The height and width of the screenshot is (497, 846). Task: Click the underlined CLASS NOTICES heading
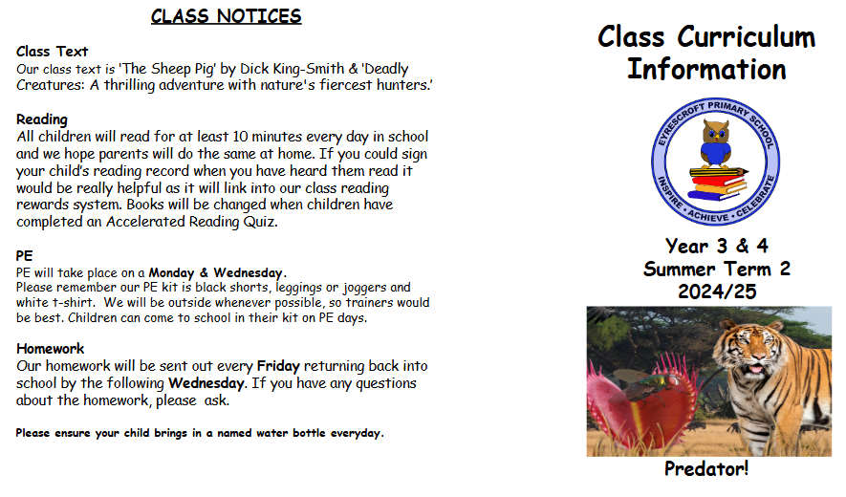point(226,16)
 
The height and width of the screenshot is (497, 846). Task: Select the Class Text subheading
point(52,52)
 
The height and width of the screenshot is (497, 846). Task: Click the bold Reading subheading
point(42,119)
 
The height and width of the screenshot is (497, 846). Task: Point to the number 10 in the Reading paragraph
point(240,136)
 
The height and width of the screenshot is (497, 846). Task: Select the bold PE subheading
point(24,255)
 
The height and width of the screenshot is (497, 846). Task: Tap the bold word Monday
point(171,272)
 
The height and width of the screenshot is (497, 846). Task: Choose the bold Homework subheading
point(50,349)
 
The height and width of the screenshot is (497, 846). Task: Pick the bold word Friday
point(278,366)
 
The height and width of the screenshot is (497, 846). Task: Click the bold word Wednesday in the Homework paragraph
point(206,383)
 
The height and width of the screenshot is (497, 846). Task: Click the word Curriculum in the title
point(747,37)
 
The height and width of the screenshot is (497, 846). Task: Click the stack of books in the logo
point(718,184)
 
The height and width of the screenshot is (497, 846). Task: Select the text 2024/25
point(717,292)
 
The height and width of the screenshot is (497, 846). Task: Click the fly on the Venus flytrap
point(644,384)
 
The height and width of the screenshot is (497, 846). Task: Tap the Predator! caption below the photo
point(706,468)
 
